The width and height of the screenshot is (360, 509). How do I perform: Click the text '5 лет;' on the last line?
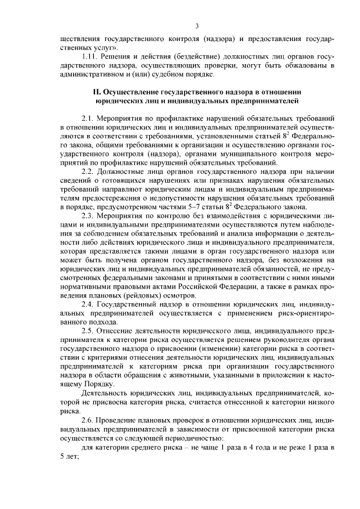click(x=69, y=456)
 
